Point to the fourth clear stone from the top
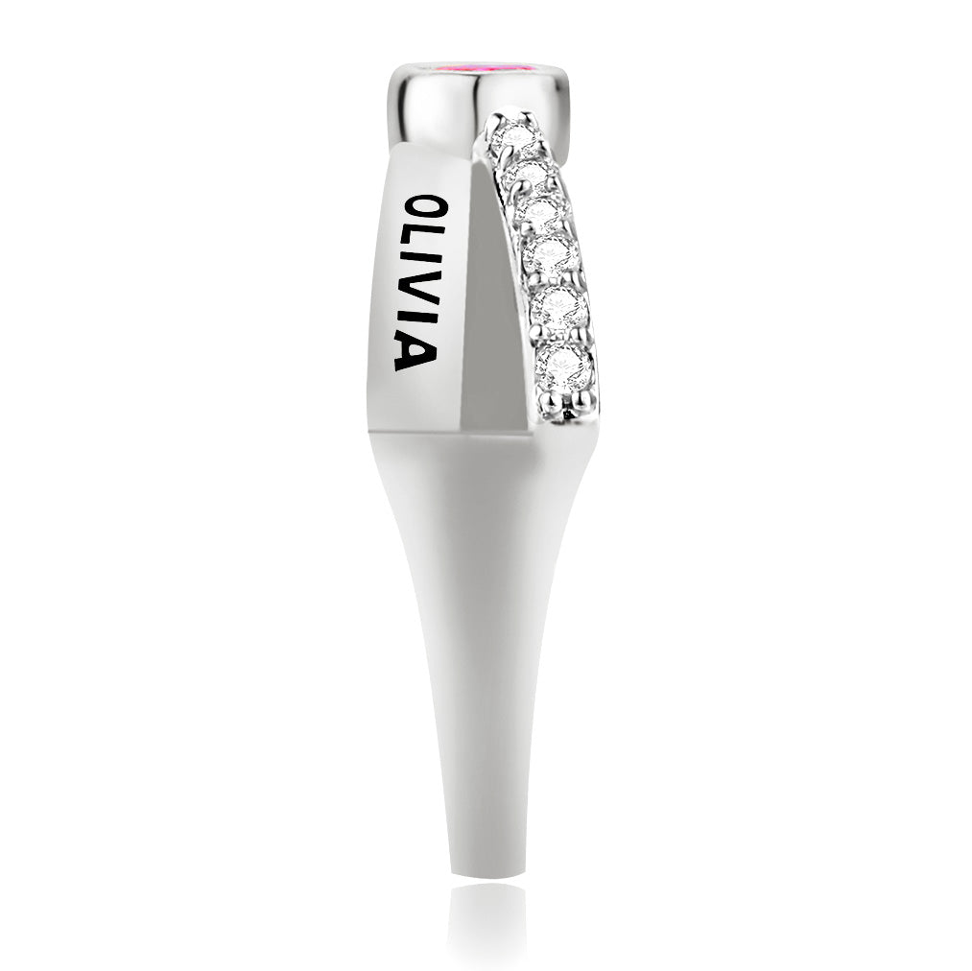(550, 253)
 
